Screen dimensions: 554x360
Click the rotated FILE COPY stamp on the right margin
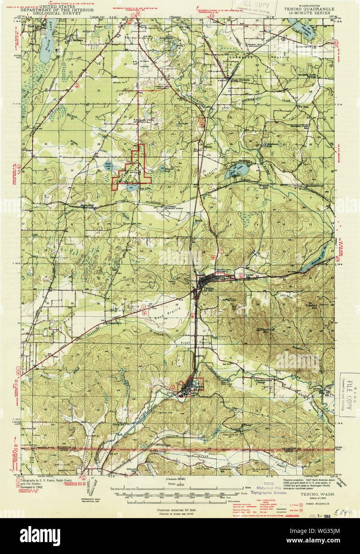(349, 392)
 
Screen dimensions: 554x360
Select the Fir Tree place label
(303, 107)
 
